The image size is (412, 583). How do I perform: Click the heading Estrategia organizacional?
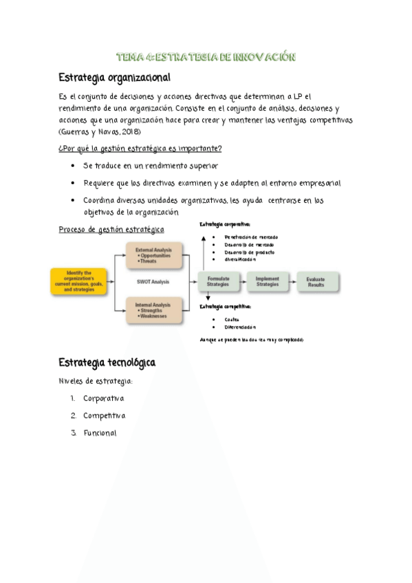114,77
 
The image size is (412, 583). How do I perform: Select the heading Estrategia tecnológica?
107,362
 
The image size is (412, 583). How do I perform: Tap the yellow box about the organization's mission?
78,281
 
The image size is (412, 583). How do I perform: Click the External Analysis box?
153,254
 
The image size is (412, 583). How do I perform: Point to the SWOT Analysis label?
153,281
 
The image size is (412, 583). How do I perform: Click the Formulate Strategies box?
217,281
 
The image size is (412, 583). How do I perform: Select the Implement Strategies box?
268,281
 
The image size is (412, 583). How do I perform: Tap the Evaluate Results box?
317,281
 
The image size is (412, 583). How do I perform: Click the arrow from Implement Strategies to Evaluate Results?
292,281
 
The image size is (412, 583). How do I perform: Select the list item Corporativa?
103,398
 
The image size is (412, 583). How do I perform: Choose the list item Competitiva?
104,415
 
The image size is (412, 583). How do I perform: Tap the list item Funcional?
100,433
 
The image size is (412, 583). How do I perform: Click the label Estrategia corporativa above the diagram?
225,225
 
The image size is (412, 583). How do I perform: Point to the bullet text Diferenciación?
239,327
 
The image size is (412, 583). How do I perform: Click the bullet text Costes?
232,319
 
